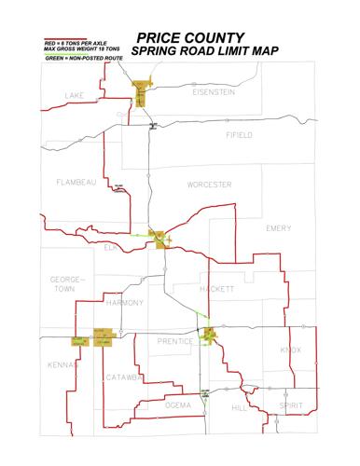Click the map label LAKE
(x=74, y=96)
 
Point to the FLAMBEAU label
(x=76, y=183)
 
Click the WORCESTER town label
(x=209, y=185)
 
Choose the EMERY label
(x=279, y=228)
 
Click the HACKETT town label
(x=216, y=289)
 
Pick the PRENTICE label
(x=175, y=341)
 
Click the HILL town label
(x=239, y=407)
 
